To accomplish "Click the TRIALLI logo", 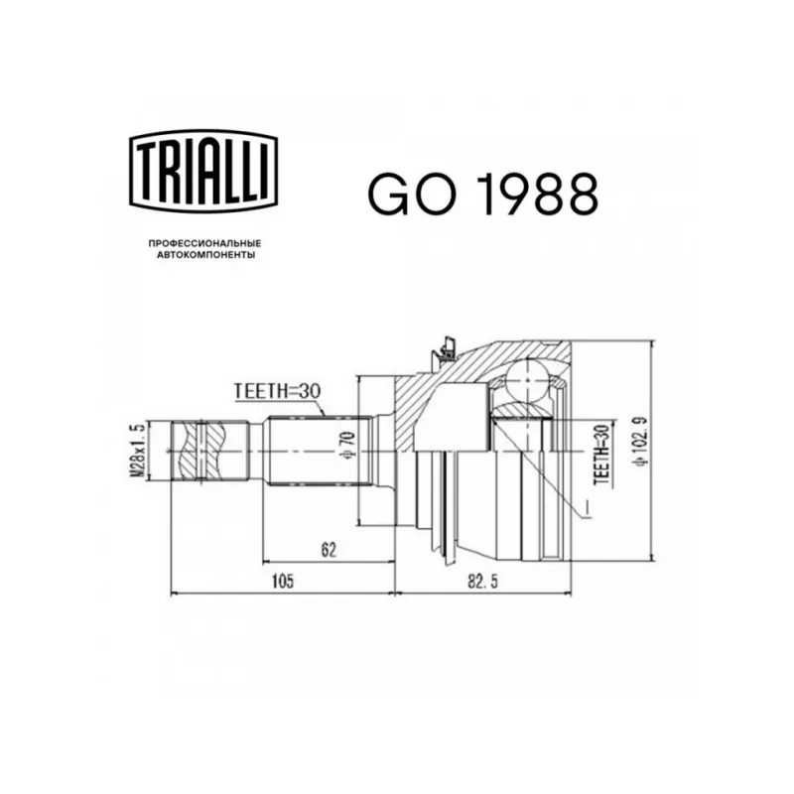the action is click(203, 171).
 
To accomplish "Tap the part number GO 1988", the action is click(483, 194).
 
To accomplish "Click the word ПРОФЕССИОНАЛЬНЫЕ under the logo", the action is click(204, 243).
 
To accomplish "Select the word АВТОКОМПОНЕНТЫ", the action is click(205, 255).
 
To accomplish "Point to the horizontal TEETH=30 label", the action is click(277, 391).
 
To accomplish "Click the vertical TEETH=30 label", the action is click(602, 455).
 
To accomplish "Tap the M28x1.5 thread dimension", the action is click(138, 451).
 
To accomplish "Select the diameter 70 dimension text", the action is click(350, 444).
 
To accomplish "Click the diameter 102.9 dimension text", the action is click(641, 442).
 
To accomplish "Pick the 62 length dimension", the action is click(329, 550).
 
